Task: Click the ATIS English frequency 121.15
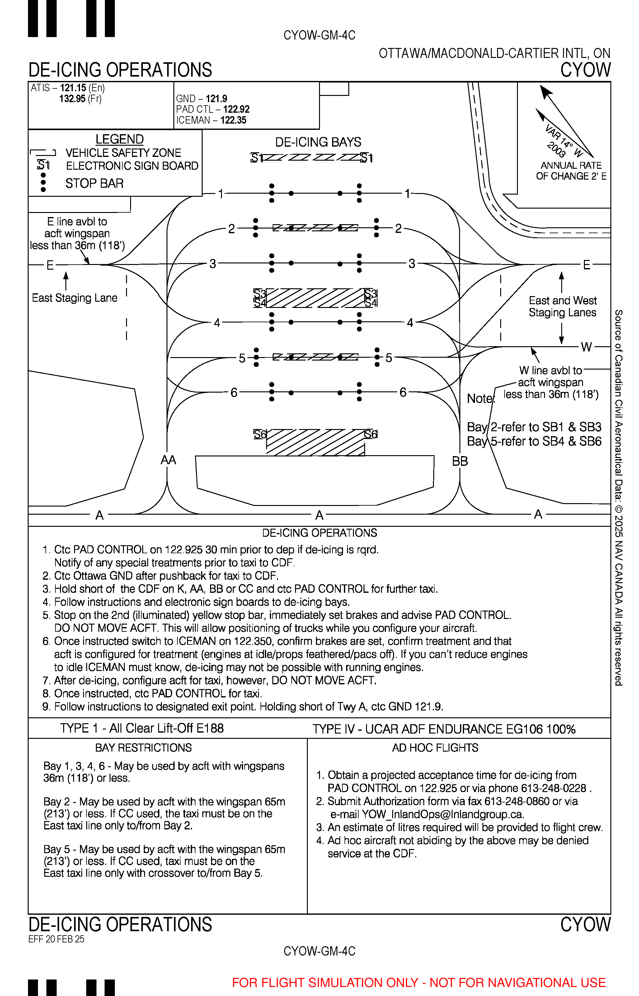click(x=73, y=88)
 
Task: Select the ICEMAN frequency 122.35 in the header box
click(x=233, y=120)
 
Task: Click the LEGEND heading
click(x=120, y=139)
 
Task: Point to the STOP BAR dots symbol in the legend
click(x=43, y=182)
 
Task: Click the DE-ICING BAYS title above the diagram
click(x=318, y=142)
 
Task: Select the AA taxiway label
click(x=168, y=460)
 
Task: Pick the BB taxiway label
click(x=460, y=461)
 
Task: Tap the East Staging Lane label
click(x=75, y=298)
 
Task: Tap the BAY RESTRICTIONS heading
click(x=143, y=748)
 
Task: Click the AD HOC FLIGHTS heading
click(x=435, y=748)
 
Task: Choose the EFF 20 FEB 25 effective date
click(x=56, y=939)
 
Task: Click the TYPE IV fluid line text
click(x=444, y=729)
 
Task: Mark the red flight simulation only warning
click(x=419, y=983)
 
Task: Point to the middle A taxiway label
click(x=319, y=515)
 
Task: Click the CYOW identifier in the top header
click(x=585, y=70)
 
